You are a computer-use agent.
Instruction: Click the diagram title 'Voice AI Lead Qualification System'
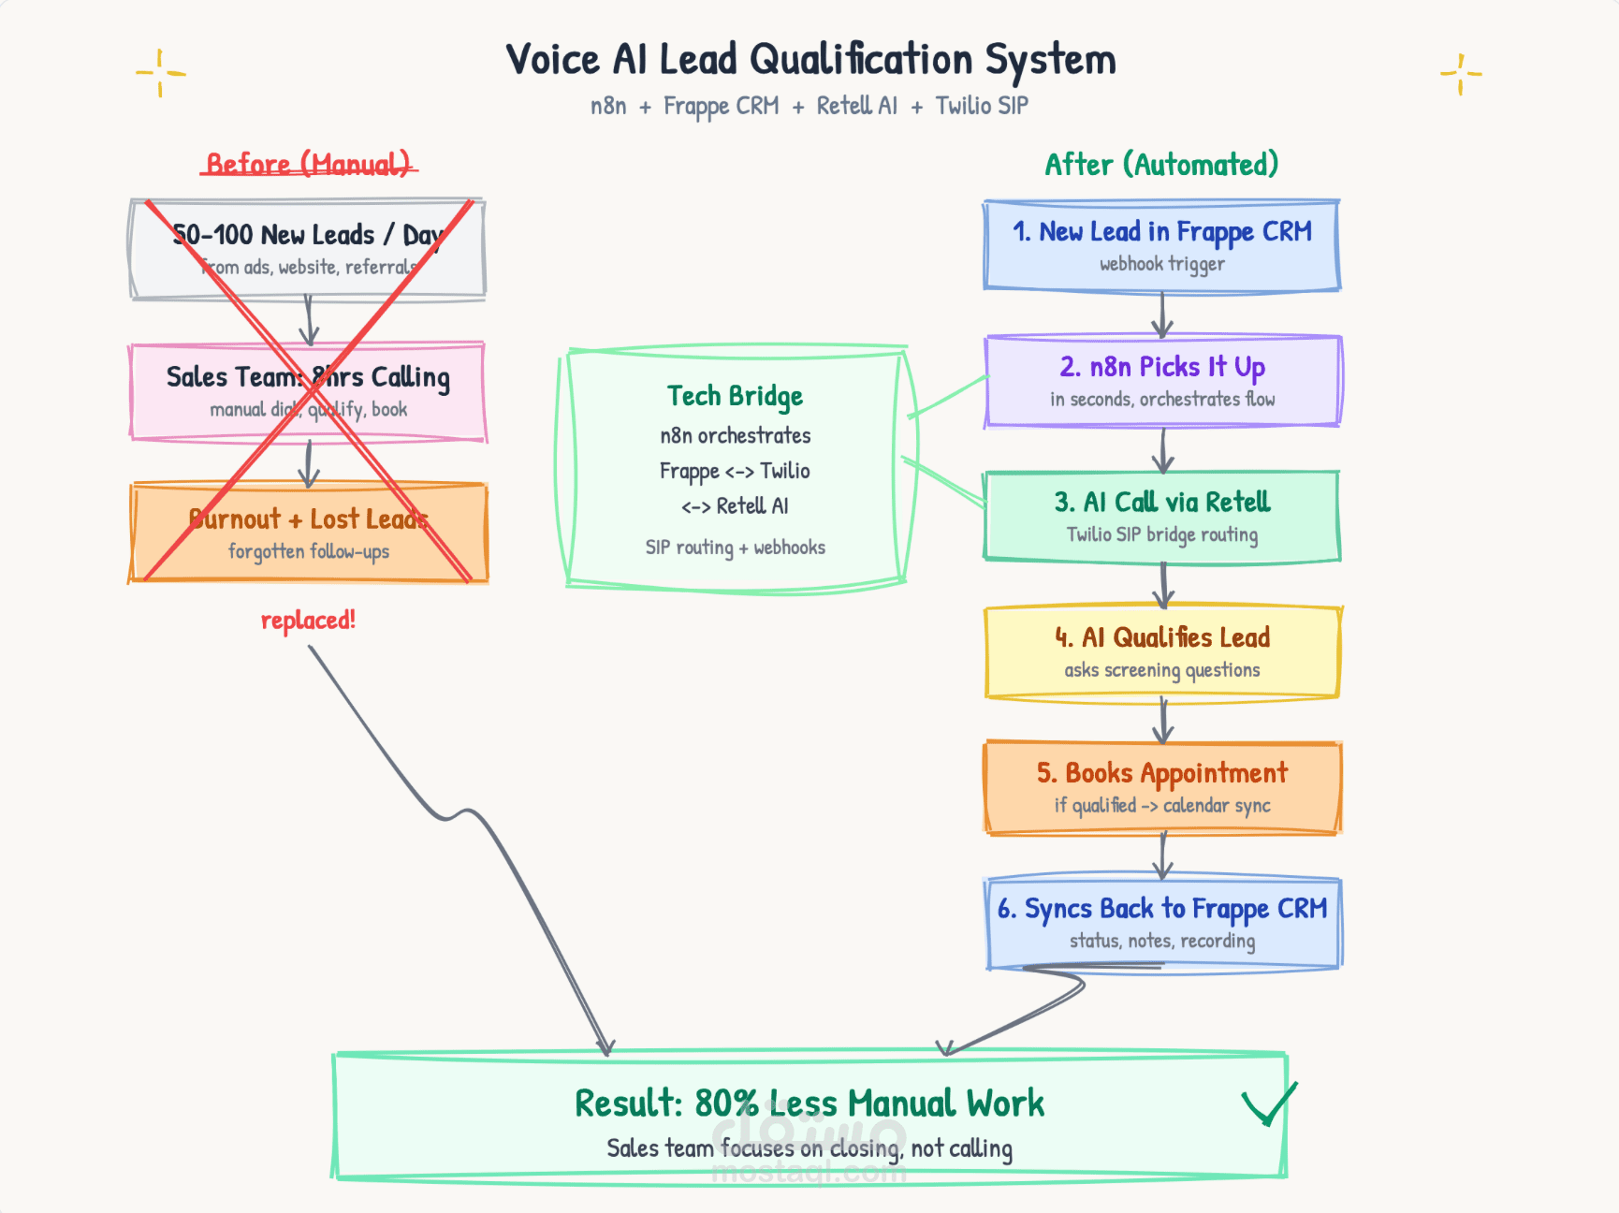click(x=810, y=60)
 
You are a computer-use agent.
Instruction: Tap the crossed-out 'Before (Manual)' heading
click(x=308, y=165)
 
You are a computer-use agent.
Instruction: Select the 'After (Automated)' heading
click(x=1161, y=165)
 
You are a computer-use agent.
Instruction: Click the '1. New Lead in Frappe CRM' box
click(x=1161, y=245)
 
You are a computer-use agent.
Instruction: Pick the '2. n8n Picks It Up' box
click(x=1163, y=381)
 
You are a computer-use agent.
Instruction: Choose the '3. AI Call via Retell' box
click(x=1161, y=516)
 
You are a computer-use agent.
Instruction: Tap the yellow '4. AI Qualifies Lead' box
click(x=1162, y=651)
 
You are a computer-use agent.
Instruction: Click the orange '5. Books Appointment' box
click(x=1162, y=787)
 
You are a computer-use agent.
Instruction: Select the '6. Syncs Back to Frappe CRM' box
click(x=1163, y=923)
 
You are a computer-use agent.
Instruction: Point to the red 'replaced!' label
click(x=308, y=620)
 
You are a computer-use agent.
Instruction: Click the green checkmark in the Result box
click(x=1269, y=1104)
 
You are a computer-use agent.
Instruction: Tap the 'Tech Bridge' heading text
click(x=735, y=397)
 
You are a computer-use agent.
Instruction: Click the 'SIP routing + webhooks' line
click(x=735, y=548)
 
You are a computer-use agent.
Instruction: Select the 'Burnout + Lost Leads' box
click(x=308, y=532)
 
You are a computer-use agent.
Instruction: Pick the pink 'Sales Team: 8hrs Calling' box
click(x=308, y=390)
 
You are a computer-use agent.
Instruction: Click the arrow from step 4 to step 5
click(x=1163, y=720)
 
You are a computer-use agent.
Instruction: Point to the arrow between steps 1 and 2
click(x=1162, y=314)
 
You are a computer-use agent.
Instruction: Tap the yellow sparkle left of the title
click(x=160, y=73)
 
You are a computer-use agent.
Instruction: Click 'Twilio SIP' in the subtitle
click(x=982, y=106)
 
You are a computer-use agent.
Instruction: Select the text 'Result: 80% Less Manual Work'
click(x=809, y=1103)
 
